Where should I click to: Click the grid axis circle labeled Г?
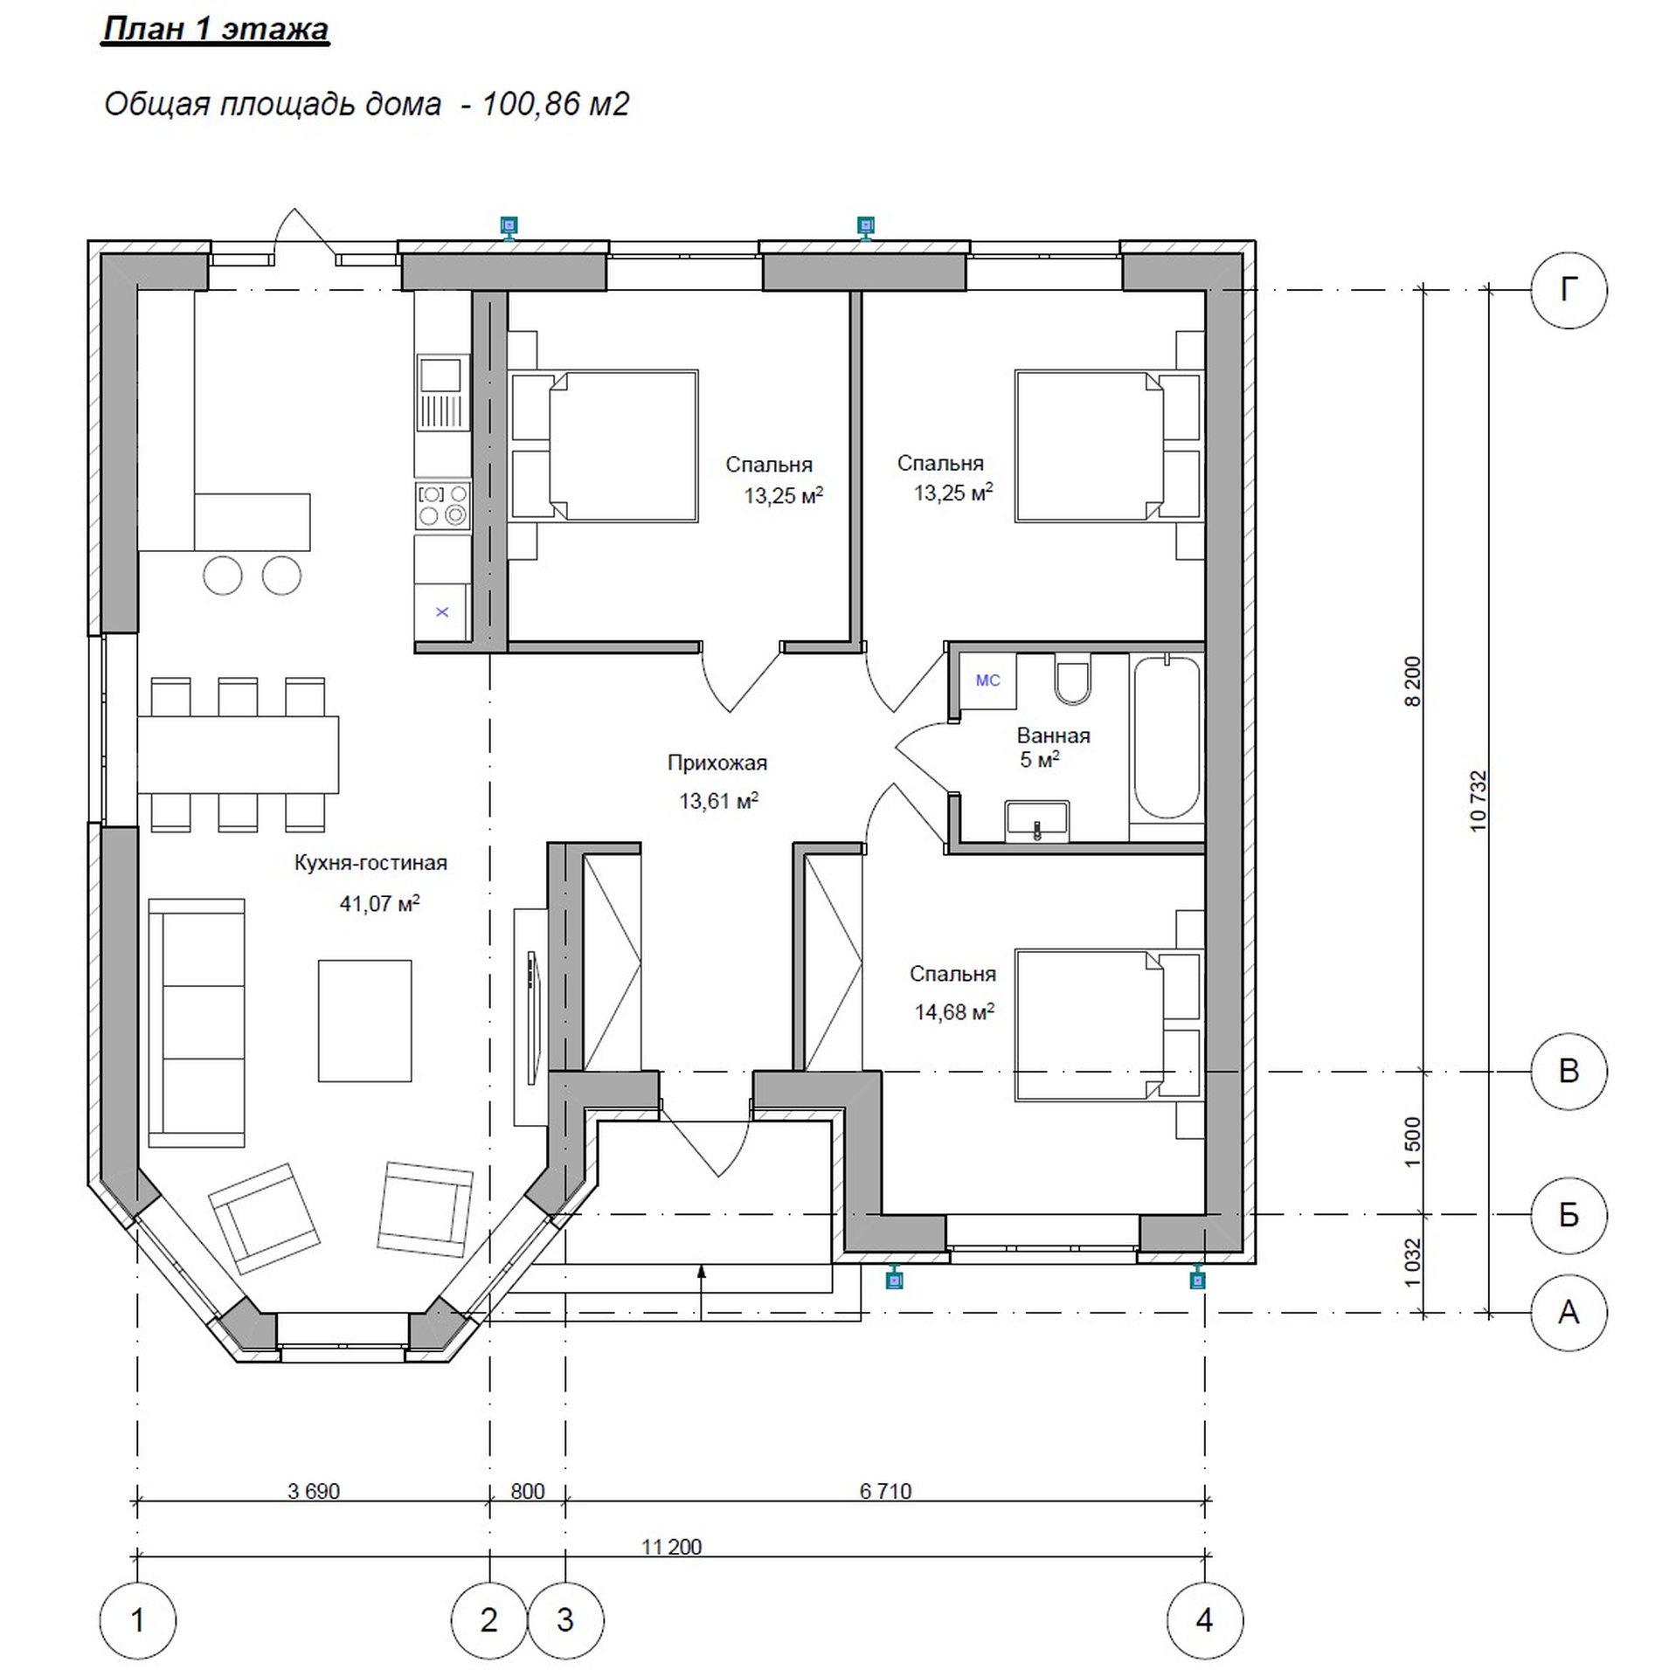pyautogui.click(x=1569, y=290)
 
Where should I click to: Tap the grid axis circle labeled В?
pyautogui.click(x=1569, y=1071)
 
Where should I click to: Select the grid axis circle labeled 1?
pyautogui.click(x=137, y=1620)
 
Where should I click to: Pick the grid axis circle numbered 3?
pyautogui.click(x=565, y=1620)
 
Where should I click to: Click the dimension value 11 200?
pyautogui.click(x=671, y=1547)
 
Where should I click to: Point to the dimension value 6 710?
pyautogui.click(x=885, y=1491)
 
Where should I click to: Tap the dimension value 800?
pyautogui.click(x=527, y=1491)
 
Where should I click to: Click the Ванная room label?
pyautogui.click(x=1053, y=735)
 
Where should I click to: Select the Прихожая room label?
pyautogui.click(x=717, y=763)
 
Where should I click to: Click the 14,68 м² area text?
pyautogui.click(x=954, y=1011)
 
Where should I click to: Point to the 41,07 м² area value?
pyautogui.click(x=379, y=902)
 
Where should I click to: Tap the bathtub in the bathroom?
pyautogui.click(x=1167, y=738)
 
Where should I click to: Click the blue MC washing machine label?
pyautogui.click(x=987, y=680)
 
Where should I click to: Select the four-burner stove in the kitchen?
pyautogui.click(x=442, y=506)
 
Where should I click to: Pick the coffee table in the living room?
pyautogui.click(x=364, y=1020)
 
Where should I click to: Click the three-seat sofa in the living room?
pyautogui.click(x=197, y=1022)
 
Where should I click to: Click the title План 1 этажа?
pyautogui.click(x=216, y=28)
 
